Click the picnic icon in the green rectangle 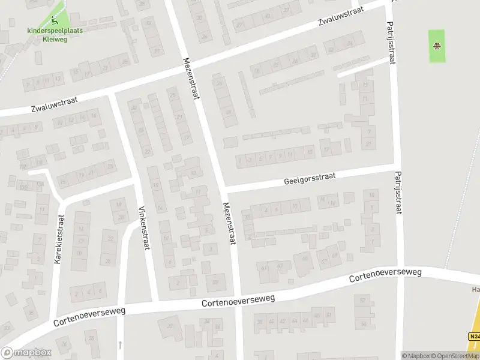click(x=437, y=45)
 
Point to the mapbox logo click(x=26, y=353)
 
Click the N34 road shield click(x=473, y=337)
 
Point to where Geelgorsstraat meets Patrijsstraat click(x=395, y=166)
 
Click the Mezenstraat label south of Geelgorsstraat click(x=229, y=223)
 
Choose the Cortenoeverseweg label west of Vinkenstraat click(x=89, y=315)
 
